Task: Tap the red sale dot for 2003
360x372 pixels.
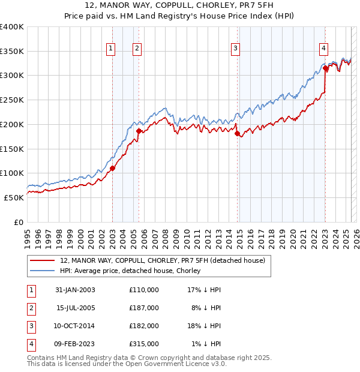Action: click(112, 169)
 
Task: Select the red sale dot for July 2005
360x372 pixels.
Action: click(139, 131)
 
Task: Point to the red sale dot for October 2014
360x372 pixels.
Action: click(237, 133)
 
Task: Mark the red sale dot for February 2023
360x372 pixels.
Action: click(325, 68)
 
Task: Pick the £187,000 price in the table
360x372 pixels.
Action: click(144, 308)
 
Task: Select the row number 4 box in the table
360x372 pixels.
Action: click(29, 344)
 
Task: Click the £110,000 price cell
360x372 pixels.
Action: click(144, 290)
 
